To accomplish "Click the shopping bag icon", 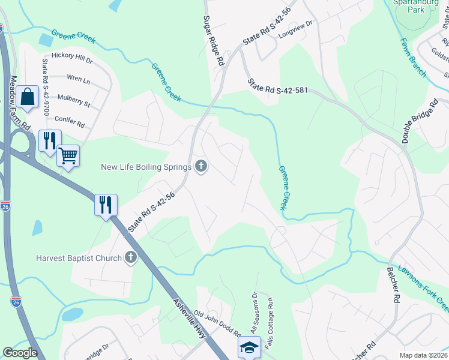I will [27, 97].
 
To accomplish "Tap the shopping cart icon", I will [68, 156].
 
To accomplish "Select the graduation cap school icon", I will [249, 347].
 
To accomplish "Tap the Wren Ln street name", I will [78, 79].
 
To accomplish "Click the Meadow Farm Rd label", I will [20, 104].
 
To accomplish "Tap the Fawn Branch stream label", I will [414, 58].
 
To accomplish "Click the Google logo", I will [20, 353].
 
